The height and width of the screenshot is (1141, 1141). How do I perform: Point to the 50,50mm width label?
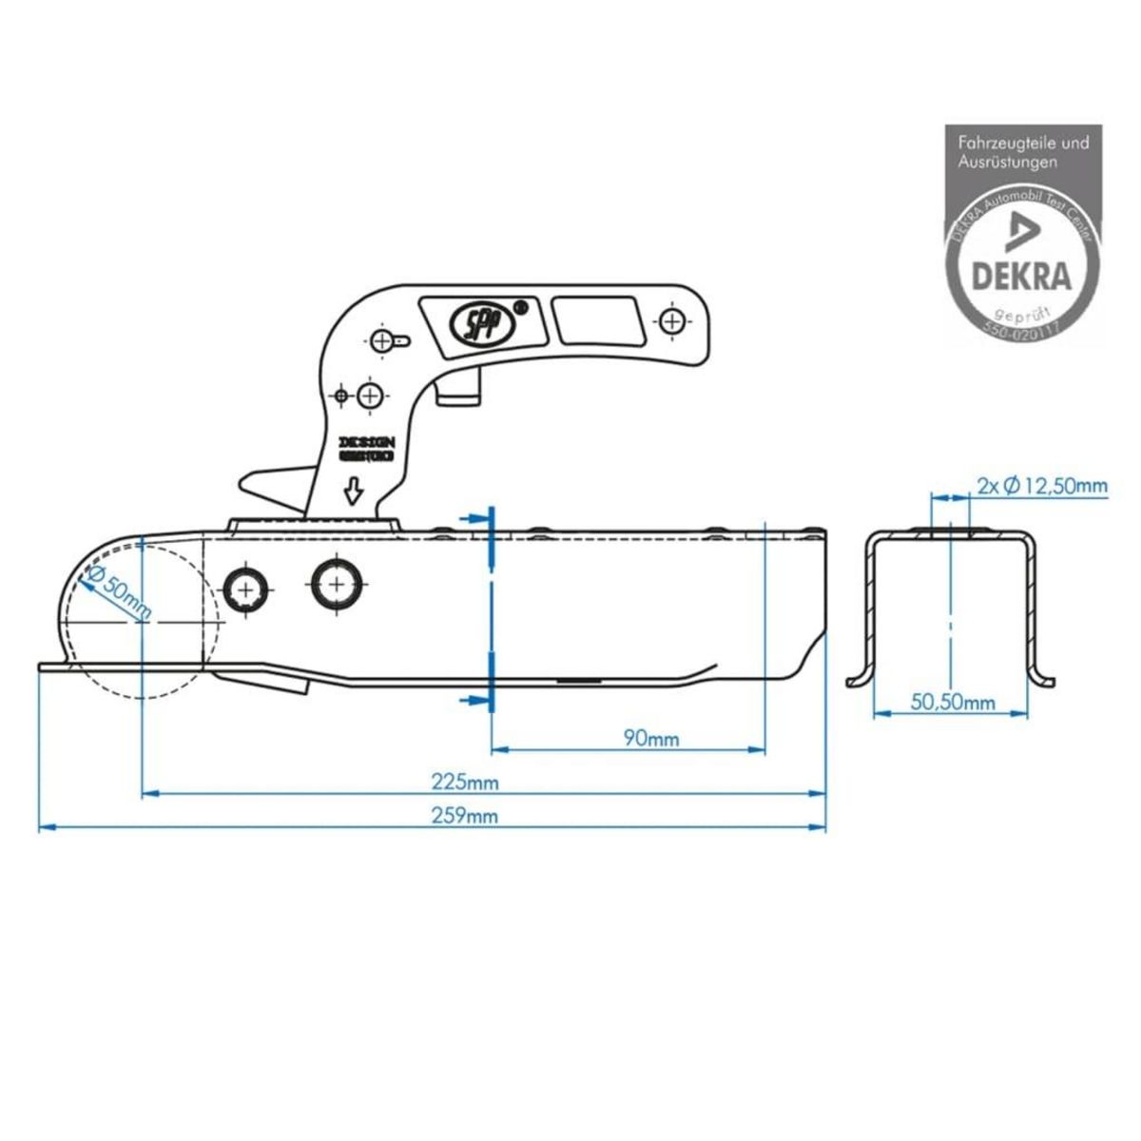tap(953, 703)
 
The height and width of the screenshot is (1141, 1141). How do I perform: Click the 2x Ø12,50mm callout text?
tap(1042, 486)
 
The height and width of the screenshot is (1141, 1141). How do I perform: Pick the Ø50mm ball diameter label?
tap(119, 594)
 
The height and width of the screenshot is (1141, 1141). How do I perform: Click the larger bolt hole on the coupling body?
tap(338, 581)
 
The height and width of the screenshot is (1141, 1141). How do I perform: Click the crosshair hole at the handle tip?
tap(672, 319)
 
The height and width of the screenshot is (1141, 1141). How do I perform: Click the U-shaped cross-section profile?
tap(951, 609)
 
